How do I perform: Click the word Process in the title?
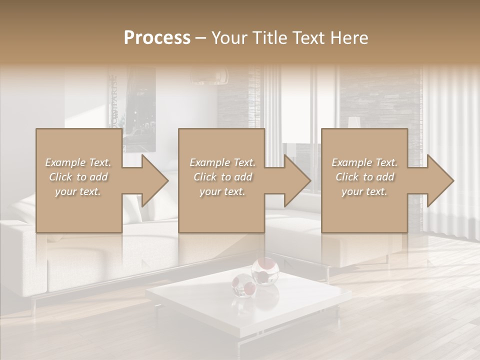click(x=157, y=37)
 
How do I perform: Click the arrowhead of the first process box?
click(x=154, y=180)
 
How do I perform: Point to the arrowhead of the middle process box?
click(x=297, y=180)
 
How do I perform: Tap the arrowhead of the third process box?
click(x=440, y=180)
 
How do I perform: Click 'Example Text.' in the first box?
click(x=78, y=162)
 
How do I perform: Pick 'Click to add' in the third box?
click(x=364, y=177)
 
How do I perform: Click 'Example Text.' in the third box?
click(x=364, y=162)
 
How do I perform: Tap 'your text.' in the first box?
click(x=78, y=191)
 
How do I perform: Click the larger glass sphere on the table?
click(x=265, y=271)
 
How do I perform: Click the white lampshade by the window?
click(x=354, y=123)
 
